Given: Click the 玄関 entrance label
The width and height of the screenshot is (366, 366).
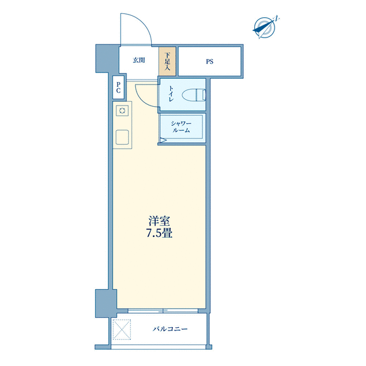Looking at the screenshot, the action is pyautogui.click(x=139, y=60).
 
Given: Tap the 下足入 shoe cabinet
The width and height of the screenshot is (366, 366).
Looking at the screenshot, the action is pyautogui.click(x=167, y=62).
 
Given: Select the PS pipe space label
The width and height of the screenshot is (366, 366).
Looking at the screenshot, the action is pyautogui.click(x=210, y=62).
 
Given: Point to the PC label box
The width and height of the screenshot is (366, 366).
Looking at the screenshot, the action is pyautogui.click(x=118, y=87).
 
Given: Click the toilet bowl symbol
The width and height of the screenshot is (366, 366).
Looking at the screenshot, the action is pyautogui.click(x=194, y=95).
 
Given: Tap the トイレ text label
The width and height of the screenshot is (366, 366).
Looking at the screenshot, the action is pyautogui.click(x=171, y=93).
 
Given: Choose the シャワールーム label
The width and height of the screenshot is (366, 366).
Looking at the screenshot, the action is pyautogui.click(x=181, y=126).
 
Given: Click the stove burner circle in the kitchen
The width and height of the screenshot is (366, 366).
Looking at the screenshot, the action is pyautogui.click(x=122, y=111).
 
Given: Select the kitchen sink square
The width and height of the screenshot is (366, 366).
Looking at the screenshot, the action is pyautogui.click(x=122, y=137).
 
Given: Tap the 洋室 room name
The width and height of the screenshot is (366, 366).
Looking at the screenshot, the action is pyautogui.click(x=159, y=221).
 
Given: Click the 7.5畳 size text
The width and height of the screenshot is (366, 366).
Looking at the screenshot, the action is pyautogui.click(x=159, y=233).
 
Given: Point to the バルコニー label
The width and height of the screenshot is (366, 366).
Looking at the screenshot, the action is pyautogui.click(x=170, y=329).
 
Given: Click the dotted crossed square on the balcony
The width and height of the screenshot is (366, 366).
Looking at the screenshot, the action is pyautogui.click(x=121, y=330).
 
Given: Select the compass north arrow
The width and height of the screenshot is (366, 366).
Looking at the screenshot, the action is pyautogui.click(x=266, y=27).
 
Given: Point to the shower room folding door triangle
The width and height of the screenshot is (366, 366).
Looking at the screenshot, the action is pyautogui.click(x=163, y=140).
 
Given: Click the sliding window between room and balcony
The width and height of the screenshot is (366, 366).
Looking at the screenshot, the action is pyautogui.click(x=163, y=311).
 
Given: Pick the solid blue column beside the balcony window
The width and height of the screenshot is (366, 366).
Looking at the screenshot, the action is pyautogui.click(x=105, y=304).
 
